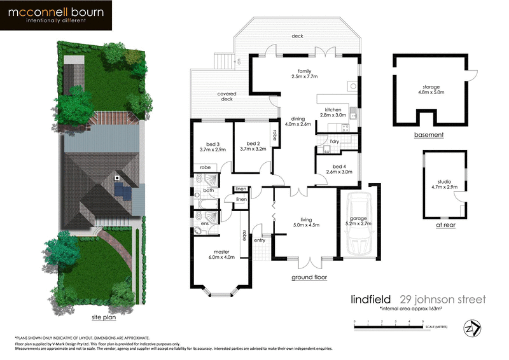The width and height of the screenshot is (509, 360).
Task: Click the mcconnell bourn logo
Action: [x=57, y=16]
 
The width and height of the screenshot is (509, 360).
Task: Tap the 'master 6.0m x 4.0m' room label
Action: [x=222, y=254]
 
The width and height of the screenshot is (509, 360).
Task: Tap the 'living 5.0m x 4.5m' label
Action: [x=306, y=221]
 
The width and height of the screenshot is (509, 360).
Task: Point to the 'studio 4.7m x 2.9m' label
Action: [x=440, y=184]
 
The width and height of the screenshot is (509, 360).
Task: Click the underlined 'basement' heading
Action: [x=428, y=135]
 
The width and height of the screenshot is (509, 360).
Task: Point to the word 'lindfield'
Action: [x=372, y=299]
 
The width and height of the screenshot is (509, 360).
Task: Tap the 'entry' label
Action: [x=260, y=240]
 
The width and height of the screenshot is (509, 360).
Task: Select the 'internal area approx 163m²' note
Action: [x=410, y=308]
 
